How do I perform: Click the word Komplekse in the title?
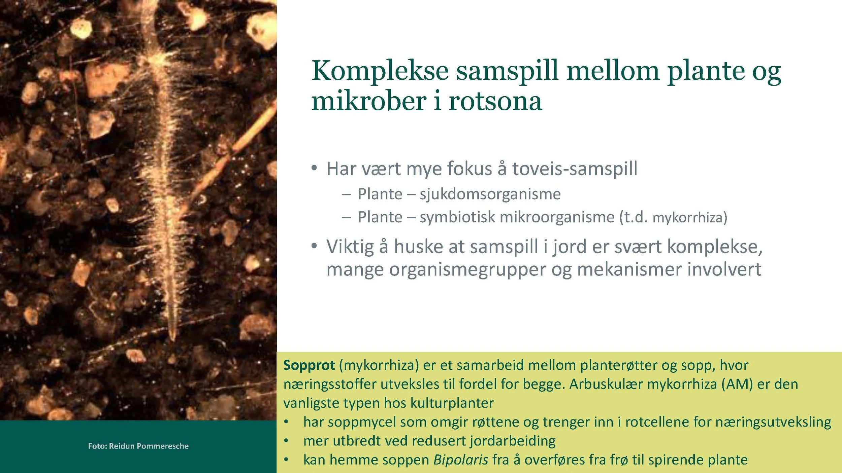[x=380, y=71]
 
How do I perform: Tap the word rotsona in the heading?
[x=495, y=101]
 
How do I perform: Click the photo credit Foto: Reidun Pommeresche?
[x=138, y=446]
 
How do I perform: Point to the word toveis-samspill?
[x=575, y=169]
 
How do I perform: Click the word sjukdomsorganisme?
[x=490, y=194]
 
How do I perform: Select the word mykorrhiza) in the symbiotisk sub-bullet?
[x=690, y=218]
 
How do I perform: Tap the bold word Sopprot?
[x=309, y=365]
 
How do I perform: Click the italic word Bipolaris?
[x=460, y=460]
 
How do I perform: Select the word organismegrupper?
[x=467, y=270]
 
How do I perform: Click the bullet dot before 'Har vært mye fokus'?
[x=314, y=168]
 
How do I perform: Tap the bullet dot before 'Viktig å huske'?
[x=314, y=246]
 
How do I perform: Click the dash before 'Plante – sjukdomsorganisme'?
[x=346, y=194]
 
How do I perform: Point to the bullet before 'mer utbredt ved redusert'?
[x=286, y=440]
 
